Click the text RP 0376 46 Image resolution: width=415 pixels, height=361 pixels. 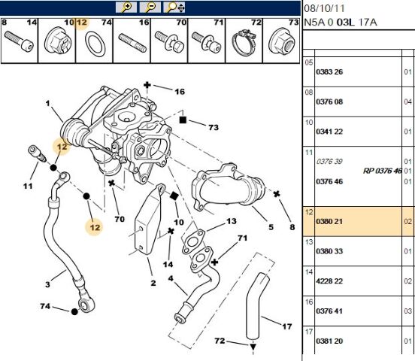[382, 171]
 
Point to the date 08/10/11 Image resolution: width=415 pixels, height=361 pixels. [325, 8]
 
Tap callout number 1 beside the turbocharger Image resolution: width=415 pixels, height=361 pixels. [47, 104]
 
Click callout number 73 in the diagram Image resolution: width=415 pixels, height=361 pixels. [213, 128]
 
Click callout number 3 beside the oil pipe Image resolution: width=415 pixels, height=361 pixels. [47, 284]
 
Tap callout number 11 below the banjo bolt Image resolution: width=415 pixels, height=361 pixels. [28, 186]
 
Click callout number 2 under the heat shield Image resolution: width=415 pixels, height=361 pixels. [152, 283]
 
